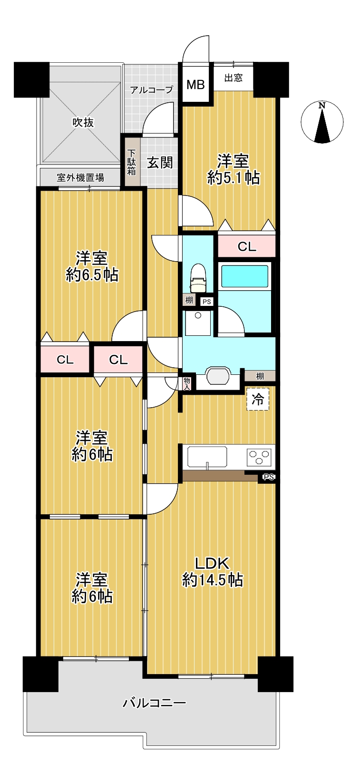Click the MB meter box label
click(195, 85)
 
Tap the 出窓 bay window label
click(233, 78)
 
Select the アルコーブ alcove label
click(152, 90)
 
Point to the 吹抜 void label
click(83, 122)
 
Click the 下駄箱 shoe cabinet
click(132, 162)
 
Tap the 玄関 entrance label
click(160, 163)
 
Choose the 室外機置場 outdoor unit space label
click(80, 177)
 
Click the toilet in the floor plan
click(198, 278)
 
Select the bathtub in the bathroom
click(244, 276)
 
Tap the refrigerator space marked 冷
click(258, 399)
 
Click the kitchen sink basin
click(207, 457)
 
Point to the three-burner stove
click(259, 457)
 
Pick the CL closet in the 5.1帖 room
click(247, 246)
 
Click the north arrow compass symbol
click(322, 122)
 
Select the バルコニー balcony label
click(154, 703)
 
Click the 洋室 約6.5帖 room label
click(92, 267)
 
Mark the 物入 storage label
click(187, 383)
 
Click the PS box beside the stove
click(268, 477)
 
